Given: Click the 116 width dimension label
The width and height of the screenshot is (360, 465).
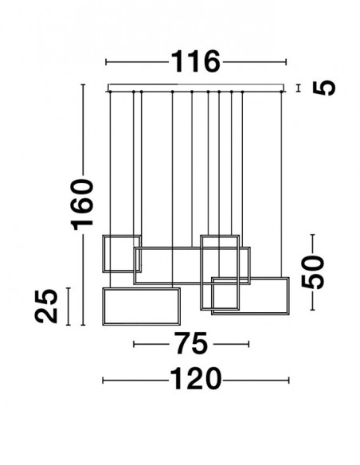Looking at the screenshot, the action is pyautogui.click(x=196, y=61).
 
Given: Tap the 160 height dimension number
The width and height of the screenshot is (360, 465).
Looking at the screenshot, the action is pyautogui.click(x=82, y=205).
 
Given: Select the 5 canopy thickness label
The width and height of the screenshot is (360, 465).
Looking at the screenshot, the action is pyautogui.click(x=324, y=88).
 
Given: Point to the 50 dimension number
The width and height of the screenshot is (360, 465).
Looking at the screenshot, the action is pyautogui.click(x=312, y=272).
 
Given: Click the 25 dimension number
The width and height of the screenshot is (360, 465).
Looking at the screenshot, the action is pyautogui.click(x=46, y=306).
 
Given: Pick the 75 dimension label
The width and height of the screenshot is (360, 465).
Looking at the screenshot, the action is pyautogui.click(x=190, y=344).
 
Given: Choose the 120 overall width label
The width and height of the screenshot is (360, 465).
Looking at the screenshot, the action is pyautogui.click(x=195, y=379).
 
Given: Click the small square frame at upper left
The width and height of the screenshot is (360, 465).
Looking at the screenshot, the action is pyautogui.click(x=103, y=253).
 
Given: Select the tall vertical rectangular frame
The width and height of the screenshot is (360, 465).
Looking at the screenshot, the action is pyautogui.click(x=201, y=272).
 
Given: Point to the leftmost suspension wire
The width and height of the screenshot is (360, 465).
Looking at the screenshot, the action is pyautogui.click(x=110, y=190).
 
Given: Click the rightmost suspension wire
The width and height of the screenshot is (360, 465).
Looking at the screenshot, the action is pyautogui.click(x=281, y=185).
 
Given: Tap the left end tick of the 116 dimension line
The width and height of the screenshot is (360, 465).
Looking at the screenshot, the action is pyautogui.click(x=106, y=61).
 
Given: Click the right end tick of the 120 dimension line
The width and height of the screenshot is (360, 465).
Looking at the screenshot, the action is pyautogui.click(x=288, y=380).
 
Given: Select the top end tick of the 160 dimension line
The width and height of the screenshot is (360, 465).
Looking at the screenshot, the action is pyautogui.click(x=83, y=84).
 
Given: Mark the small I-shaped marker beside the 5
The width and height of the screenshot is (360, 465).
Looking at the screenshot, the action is pyautogui.click(x=298, y=88).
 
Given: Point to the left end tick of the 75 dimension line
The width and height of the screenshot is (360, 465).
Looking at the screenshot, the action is pyautogui.click(x=134, y=344).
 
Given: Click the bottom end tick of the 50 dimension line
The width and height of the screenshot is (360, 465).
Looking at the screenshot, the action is pyautogui.click(x=312, y=310).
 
